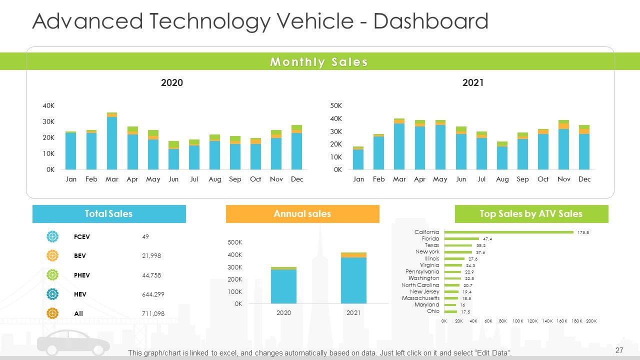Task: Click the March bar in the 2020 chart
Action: tap(112, 142)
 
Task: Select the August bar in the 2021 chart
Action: tap(502, 157)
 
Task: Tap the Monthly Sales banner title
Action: tap(319, 62)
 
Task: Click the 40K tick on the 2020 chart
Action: tap(48, 105)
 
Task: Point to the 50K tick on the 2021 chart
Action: tap(336, 105)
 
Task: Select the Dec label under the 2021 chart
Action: tap(584, 179)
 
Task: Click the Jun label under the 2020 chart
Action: tap(173, 179)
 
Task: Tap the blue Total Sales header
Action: tap(109, 214)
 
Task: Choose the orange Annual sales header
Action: tap(302, 214)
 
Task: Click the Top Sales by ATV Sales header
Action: tap(531, 214)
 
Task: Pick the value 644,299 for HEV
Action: tap(153, 294)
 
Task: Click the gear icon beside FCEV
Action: tap(52, 236)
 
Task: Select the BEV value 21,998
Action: tap(151, 256)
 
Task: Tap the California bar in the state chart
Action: tap(508, 232)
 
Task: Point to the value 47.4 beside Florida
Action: tap(487, 239)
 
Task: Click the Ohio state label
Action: tap(433, 311)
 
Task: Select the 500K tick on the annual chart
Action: tap(235, 242)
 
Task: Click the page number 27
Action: tap(619, 350)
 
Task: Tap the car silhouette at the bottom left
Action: tap(73, 345)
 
